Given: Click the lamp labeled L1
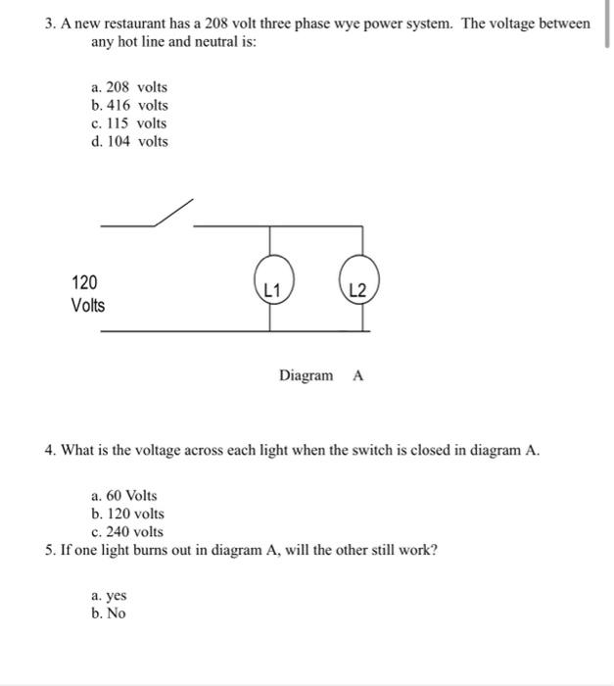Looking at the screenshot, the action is [273, 287].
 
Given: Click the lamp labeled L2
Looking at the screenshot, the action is [357, 287].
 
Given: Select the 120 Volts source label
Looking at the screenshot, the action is [87, 294].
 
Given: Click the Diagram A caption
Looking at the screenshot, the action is [320, 376].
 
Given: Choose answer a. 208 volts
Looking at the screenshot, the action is [128, 87].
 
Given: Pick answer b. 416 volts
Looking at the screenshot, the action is [128, 105].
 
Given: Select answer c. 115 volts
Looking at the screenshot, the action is [128, 123].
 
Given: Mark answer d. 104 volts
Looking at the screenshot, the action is [128, 141].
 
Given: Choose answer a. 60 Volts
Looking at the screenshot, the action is [123, 496].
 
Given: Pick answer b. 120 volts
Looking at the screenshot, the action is [126, 514].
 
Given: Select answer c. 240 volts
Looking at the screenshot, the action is [126, 532].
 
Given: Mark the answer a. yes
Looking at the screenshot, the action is [109, 595].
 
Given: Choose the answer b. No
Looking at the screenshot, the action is [108, 613].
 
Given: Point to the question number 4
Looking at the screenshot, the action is [49, 451].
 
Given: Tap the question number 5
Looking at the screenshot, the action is [49, 550].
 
